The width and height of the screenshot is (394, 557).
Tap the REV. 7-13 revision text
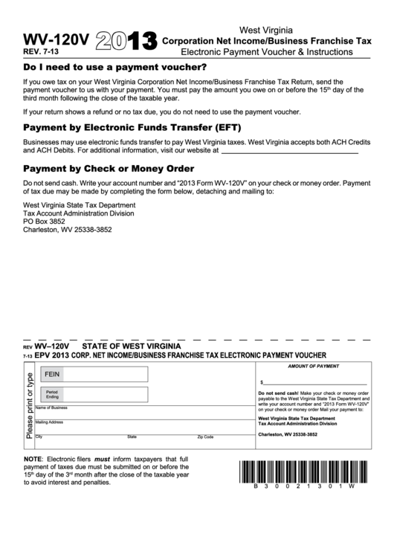tap(42, 52)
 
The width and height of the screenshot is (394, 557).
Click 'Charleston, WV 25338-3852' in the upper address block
tap(68, 230)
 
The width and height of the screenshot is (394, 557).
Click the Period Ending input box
tap(106, 394)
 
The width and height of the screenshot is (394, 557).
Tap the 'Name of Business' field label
tap(51, 408)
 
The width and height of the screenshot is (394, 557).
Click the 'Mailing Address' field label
tap(49, 422)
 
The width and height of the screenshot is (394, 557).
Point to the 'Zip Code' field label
tap(205, 437)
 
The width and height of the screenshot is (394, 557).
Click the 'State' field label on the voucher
tap(132, 437)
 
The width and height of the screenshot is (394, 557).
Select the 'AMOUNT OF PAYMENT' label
tap(312, 367)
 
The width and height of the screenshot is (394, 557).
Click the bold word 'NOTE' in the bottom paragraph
tap(33, 458)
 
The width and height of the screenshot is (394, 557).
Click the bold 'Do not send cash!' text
tap(278, 392)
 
